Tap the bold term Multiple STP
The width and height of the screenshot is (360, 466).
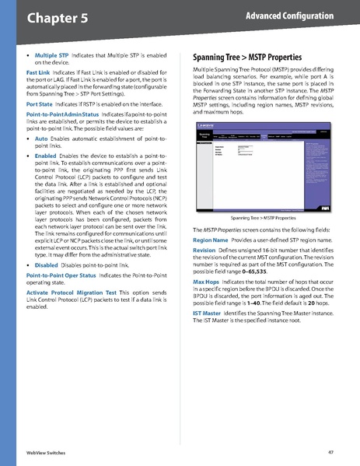click(52, 56)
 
